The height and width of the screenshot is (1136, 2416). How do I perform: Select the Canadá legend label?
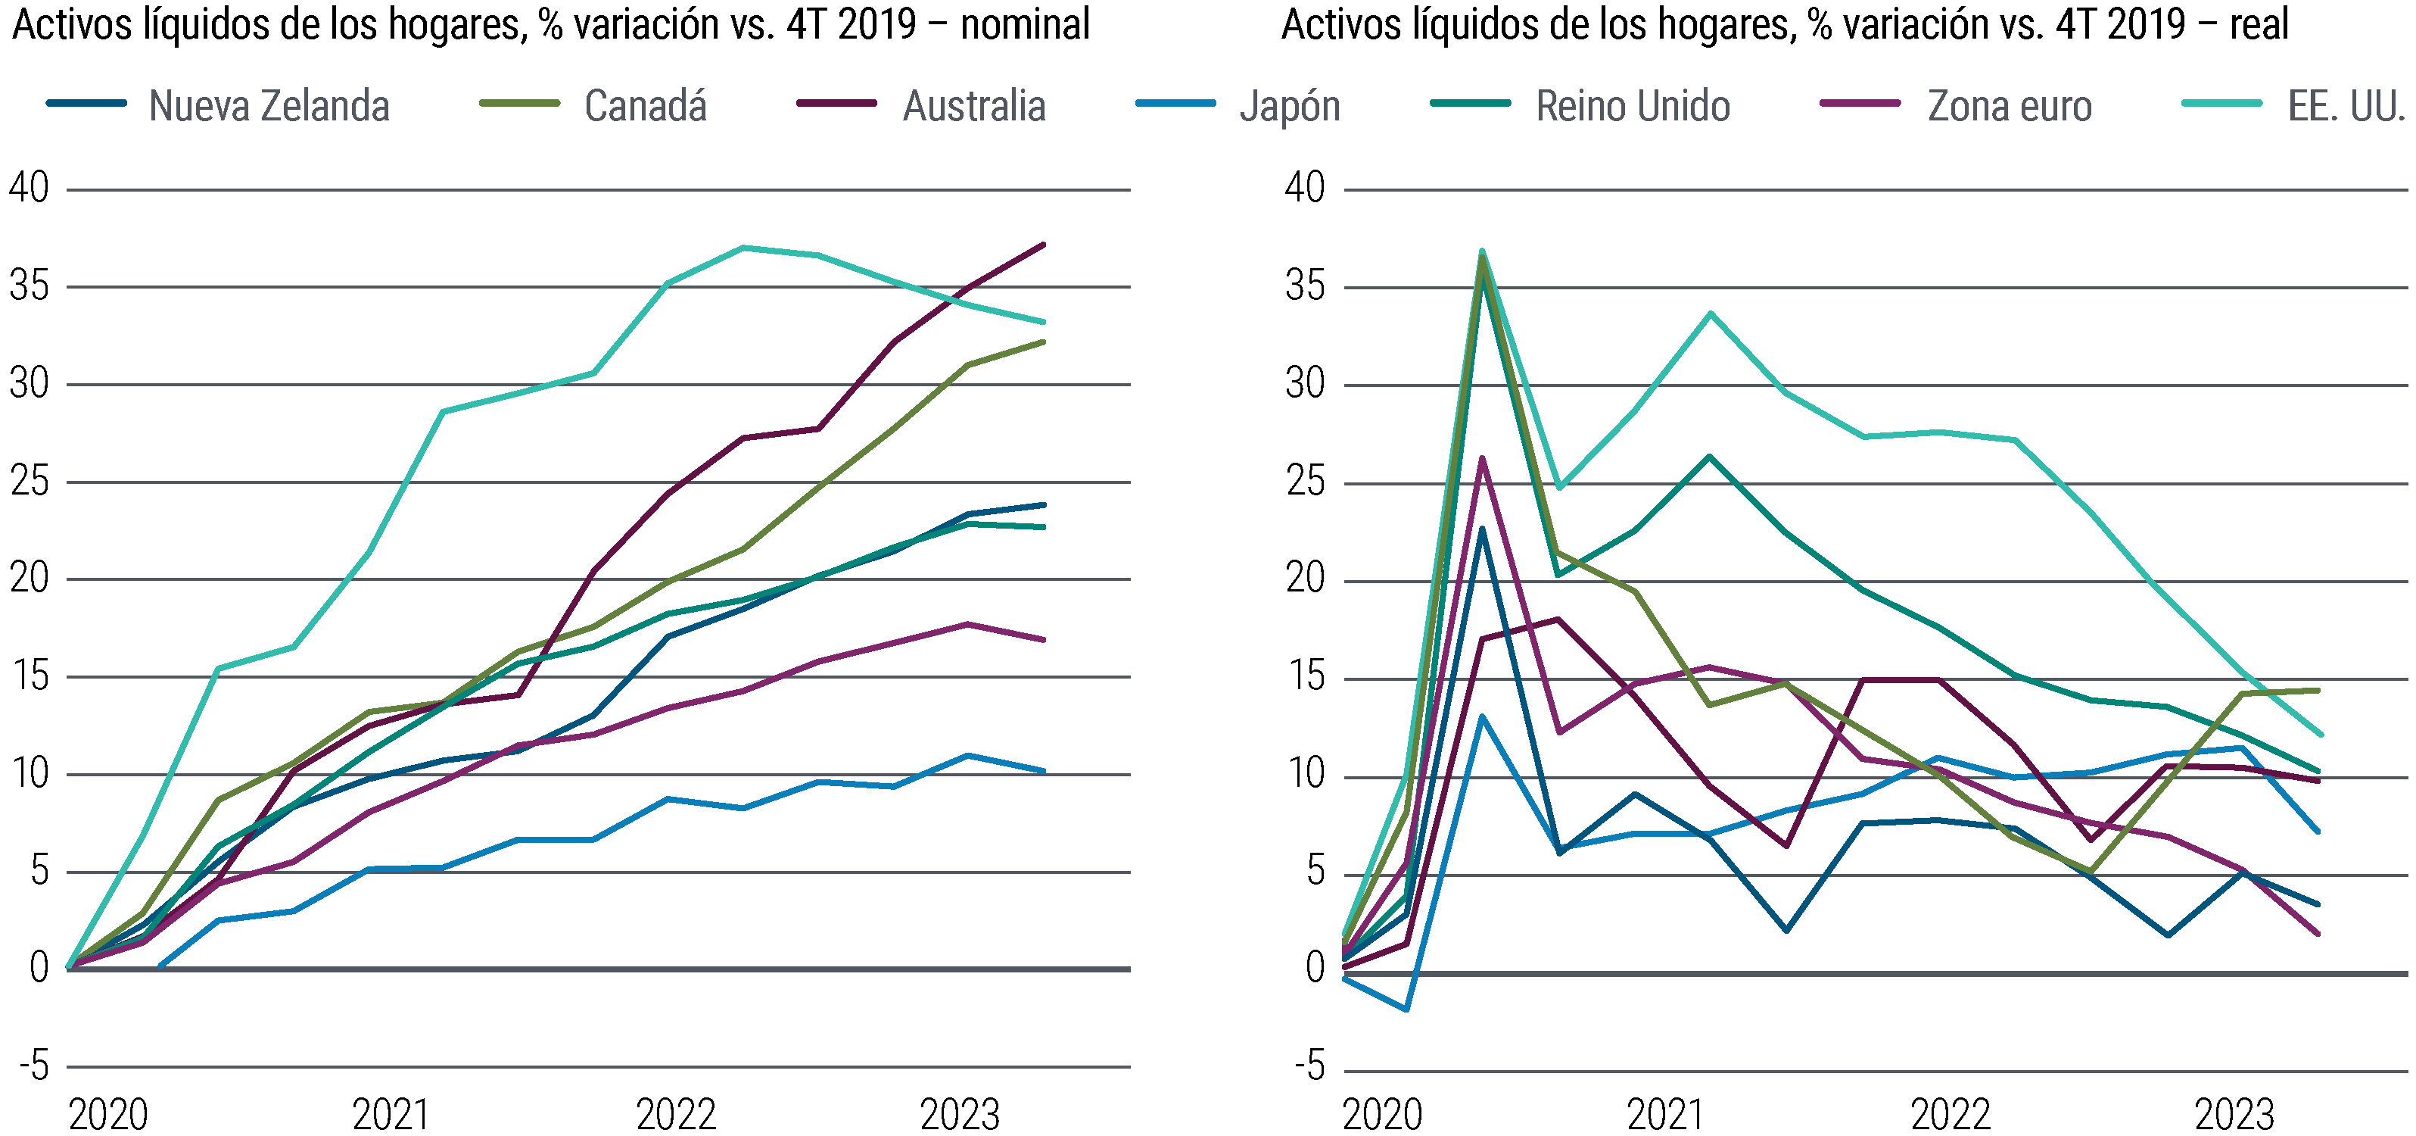click(646, 105)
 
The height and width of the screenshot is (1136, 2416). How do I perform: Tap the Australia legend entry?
click(973, 105)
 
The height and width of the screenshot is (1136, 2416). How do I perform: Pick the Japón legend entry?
click(1290, 105)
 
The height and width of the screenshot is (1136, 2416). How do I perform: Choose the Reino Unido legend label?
click(1632, 105)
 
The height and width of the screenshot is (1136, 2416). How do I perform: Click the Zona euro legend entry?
click(2009, 105)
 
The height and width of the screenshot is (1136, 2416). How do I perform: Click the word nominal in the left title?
click(1024, 24)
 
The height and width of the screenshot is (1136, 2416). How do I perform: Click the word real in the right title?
click(2259, 24)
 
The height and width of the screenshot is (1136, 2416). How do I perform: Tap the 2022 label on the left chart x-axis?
click(676, 1115)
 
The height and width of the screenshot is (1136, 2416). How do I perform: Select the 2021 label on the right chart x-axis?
click(1664, 1115)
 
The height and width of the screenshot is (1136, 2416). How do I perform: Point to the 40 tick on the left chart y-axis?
click(29, 189)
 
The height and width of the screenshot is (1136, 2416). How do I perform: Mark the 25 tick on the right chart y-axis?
click(1306, 482)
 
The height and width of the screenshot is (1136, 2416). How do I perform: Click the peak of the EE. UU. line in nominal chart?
click(743, 248)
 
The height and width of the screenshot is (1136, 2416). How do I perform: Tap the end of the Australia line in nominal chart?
click(1044, 245)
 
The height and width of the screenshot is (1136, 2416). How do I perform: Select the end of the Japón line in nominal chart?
click(1044, 771)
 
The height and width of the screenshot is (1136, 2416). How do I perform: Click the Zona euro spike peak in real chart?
click(1482, 459)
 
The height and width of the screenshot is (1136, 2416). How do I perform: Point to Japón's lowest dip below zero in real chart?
click(1406, 1010)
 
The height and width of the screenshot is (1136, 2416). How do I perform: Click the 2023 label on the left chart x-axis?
click(960, 1115)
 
